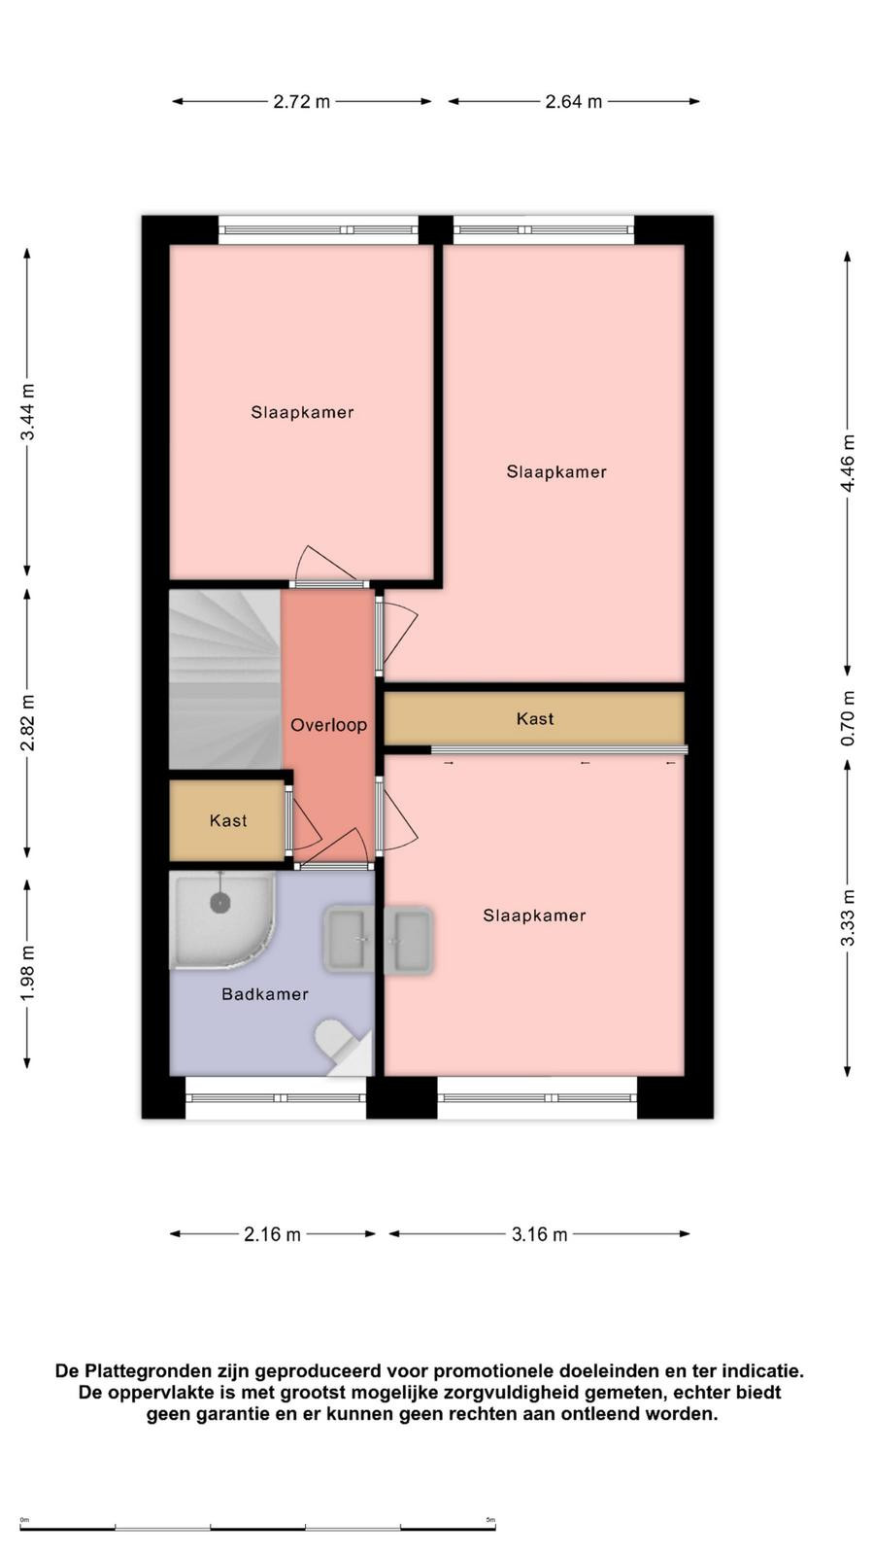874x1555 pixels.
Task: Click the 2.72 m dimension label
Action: point(302,101)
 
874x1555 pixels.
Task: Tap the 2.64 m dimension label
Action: point(574,101)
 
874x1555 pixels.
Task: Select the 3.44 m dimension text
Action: point(28,412)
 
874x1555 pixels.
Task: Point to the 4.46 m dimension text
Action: point(848,463)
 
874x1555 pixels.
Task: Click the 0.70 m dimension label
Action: point(848,718)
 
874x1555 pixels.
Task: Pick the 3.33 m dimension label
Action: point(848,917)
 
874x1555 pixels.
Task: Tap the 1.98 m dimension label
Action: point(28,973)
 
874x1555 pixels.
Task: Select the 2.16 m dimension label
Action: point(272,1234)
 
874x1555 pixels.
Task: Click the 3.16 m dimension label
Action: point(540,1234)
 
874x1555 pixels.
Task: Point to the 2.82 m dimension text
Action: point(28,723)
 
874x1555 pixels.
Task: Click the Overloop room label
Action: point(329,725)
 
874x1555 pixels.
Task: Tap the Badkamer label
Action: point(265,994)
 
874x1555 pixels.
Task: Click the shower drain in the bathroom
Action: point(219,903)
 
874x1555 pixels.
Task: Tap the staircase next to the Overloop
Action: point(224,679)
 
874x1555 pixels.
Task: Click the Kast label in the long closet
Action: point(535,718)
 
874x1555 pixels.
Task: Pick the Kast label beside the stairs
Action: point(228,820)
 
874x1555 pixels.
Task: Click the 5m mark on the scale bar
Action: point(490,1520)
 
